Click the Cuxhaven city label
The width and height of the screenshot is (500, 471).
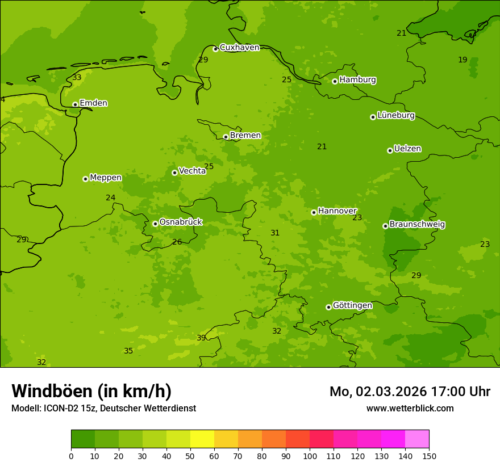pyautogui.click(x=239, y=48)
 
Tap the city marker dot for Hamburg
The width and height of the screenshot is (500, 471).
pyautogui.click(x=335, y=81)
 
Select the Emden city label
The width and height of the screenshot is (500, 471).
pyautogui.click(x=93, y=103)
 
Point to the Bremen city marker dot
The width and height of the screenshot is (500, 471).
pyautogui.click(x=226, y=137)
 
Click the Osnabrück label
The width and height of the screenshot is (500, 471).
pyautogui.click(x=181, y=222)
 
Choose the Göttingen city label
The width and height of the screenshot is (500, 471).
pyautogui.click(x=352, y=306)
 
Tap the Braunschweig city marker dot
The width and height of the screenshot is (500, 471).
pyautogui.click(x=385, y=226)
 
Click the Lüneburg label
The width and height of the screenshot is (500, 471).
pyautogui.click(x=396, y=116)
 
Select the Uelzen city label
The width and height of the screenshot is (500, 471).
pyautogui.click(x=407, y=149)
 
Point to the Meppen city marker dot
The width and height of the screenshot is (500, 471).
pyautogui.click(x=85, y=179)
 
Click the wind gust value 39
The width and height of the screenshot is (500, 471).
pyautogui.click(x=201, y=338)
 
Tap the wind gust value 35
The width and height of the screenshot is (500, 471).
pyautogui.click(x=128, y=351)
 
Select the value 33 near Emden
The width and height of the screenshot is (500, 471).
pyautogui.click(x=77, y=78)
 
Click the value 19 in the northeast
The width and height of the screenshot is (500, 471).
pyautogui.click(x=463, y=60)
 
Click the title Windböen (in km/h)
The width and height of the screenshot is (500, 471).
pyautogui.click(x=91, y=391)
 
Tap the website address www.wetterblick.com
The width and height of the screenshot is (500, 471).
pyautogui.click(x=410, y=409)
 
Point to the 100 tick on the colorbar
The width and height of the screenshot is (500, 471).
pyautogui.click(x=310, y=456)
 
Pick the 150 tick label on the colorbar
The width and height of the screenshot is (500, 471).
pyautogui.click(x=429, y=456)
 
